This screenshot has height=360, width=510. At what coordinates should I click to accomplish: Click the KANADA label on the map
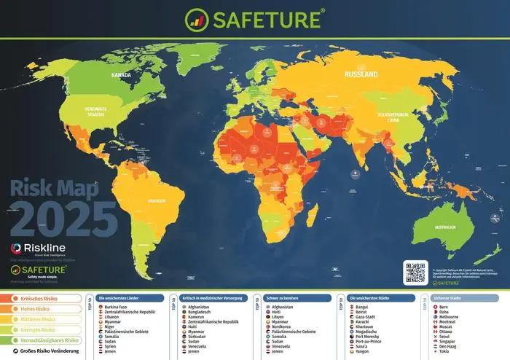pos(121,75)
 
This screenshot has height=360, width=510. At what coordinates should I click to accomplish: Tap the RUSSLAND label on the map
pos(361,74)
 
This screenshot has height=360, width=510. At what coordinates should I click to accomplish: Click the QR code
pos(415,271)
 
